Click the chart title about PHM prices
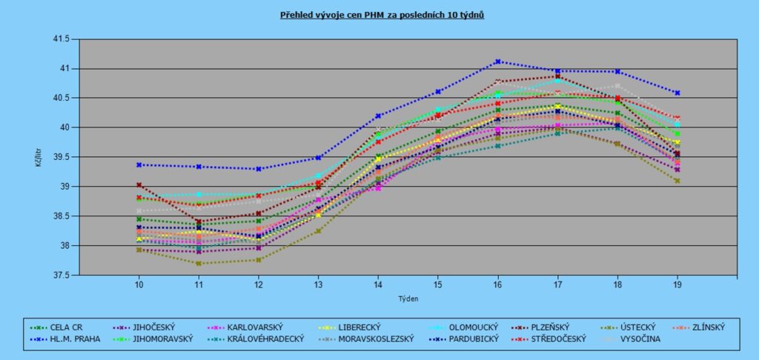[x=382, y=14]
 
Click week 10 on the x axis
[x=139, y=284]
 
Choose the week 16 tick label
[x=498, y=284]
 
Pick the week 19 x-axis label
[x=677, y=284]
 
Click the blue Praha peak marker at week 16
[x=498, y=61]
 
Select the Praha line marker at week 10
[x=139, y=164]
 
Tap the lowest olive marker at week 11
[x=198, y=263]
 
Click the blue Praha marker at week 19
[x=677, y=93]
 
